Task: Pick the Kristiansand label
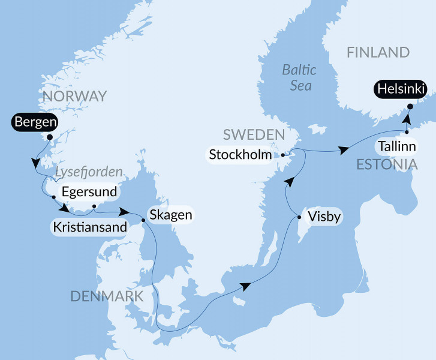click(x=90, y=227)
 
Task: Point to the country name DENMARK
click(x=107, y=296)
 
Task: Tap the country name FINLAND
click(x=378, y=53)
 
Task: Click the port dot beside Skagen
click(x=143, y=220)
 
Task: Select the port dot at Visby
click(x=299, y=219)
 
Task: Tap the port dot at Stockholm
click(x=282, y=155)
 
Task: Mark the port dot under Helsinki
click(x=410, y=107)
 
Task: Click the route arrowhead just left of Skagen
click(x=125, y=212)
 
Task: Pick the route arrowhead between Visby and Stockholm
click(x=289, y=181)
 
